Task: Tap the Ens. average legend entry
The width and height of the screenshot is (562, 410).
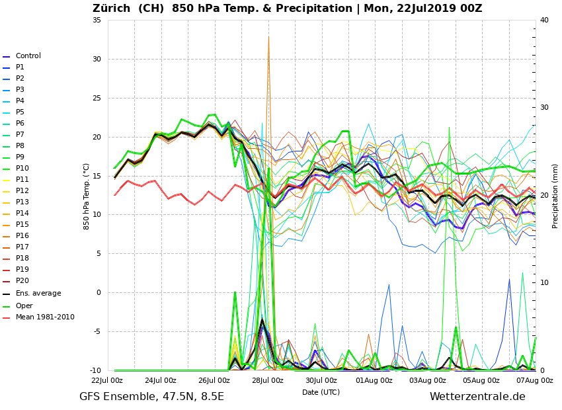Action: [x=38, y=294]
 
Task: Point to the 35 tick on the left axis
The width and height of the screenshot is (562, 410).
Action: [x=97, y=20]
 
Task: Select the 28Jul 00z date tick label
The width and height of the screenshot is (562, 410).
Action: [x=268, y=380]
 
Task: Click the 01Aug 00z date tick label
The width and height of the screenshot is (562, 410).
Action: [x=374, y=380]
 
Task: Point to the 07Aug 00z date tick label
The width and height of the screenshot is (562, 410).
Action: [x=534, y=380]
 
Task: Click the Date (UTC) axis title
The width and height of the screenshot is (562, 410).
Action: [x=321, y=392]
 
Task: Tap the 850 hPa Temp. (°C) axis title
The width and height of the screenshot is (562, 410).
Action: [x=87, y=196]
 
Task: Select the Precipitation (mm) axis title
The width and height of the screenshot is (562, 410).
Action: [x=555, y=196]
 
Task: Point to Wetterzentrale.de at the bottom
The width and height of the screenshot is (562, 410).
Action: [x=477, y=397]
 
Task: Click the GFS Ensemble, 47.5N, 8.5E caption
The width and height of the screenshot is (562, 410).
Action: [x=151, y=397]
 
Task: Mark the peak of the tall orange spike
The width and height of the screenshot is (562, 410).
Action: [x=268, y=36]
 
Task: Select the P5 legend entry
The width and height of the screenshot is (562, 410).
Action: [x=20, y=112]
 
